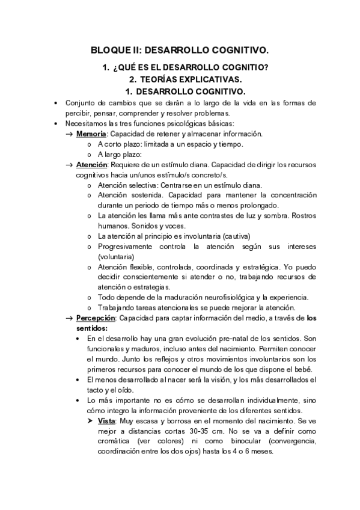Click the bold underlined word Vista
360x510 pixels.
point(108,421)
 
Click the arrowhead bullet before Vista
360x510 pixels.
point(91,421)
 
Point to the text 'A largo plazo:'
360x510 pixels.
point(120,154)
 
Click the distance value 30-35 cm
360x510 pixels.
point(199,431)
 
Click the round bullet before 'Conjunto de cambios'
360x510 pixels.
point(55,103)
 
